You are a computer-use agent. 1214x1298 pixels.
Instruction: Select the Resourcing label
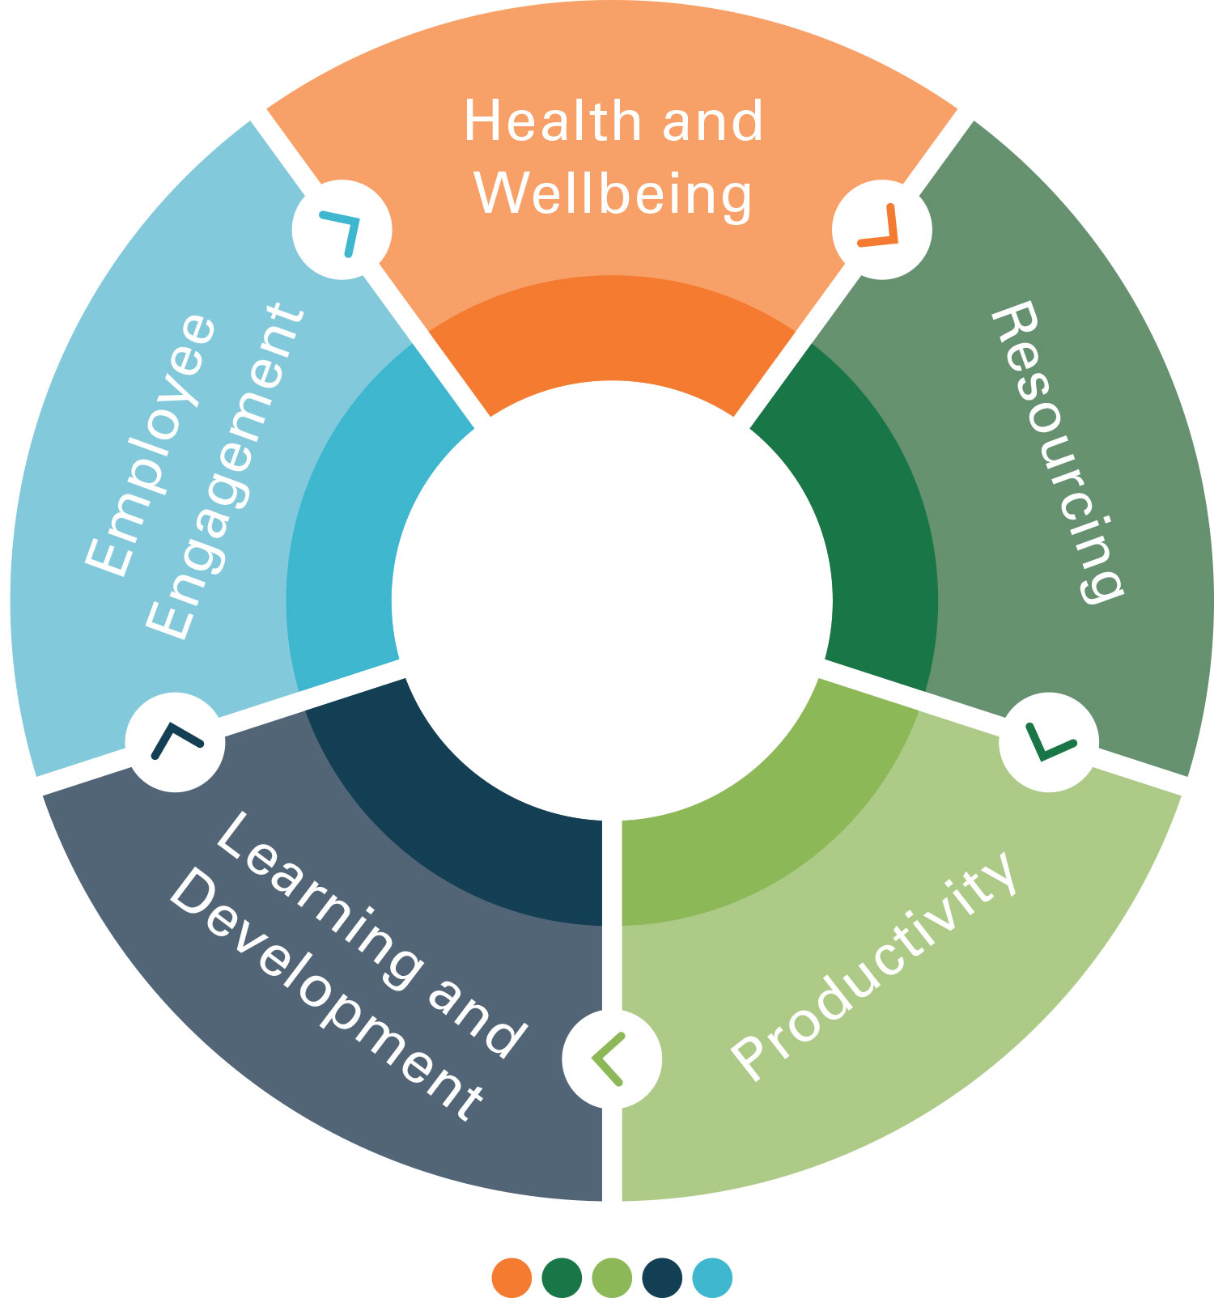pyautogui.click(x=1057, y=452)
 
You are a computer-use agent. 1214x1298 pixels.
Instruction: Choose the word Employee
pyautogui.click(x=151, y=445)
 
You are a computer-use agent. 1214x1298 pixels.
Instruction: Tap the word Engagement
pyautogui.click(x=226, y=470)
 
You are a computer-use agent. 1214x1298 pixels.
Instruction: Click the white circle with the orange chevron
pyautogui.click(x=882, y=230)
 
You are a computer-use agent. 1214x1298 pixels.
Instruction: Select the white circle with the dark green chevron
pyautogui.click(x=1049, y=743)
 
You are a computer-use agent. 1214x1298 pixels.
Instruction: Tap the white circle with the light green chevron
pyautogui.click(x=612, y=1058)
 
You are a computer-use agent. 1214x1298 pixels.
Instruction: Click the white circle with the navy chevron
pyautogui.click(x=176, y=743)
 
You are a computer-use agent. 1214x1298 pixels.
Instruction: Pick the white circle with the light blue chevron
pyautogui.click(x=342, y=230)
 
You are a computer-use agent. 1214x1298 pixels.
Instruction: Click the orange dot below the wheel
pyautogui.click(x=511, y=1278)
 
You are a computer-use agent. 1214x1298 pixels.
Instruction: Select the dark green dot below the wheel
pyautogui.click(x=562, y=1278)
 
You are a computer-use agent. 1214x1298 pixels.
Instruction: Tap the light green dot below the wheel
pyautogui.click(x=612, y=1278)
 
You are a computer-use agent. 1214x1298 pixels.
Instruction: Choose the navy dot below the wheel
pyautogui.click(x=662, y=1278)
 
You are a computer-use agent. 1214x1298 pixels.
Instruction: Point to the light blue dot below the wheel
pyautogui.click(x=712, y=1278)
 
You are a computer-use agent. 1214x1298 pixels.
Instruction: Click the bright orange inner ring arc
pyautogui.click(x=612, y=328)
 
